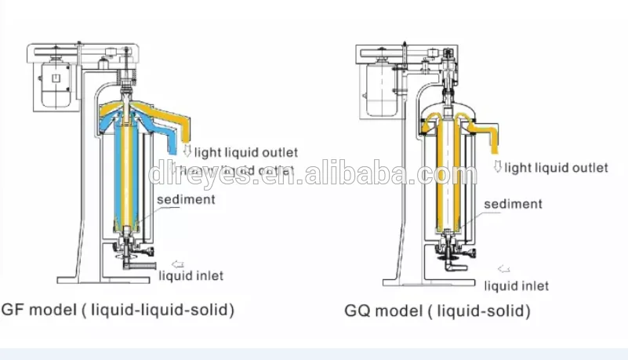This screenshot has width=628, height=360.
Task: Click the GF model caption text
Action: click(x=118, y=309)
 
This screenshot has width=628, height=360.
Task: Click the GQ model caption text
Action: click(x=437, y=311)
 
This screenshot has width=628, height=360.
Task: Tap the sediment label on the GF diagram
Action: click(x=185, y=199)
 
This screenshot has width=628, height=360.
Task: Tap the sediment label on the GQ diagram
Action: click(x=512, y=204)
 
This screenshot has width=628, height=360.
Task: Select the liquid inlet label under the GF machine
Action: click(x=191, y=275)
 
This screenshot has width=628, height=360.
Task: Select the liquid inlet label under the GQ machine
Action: click(x=516, y=285)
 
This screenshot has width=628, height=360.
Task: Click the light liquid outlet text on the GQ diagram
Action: click(x=556, y=167)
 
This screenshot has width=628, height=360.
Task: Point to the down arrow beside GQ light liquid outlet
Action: click(x=498, y=166)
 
